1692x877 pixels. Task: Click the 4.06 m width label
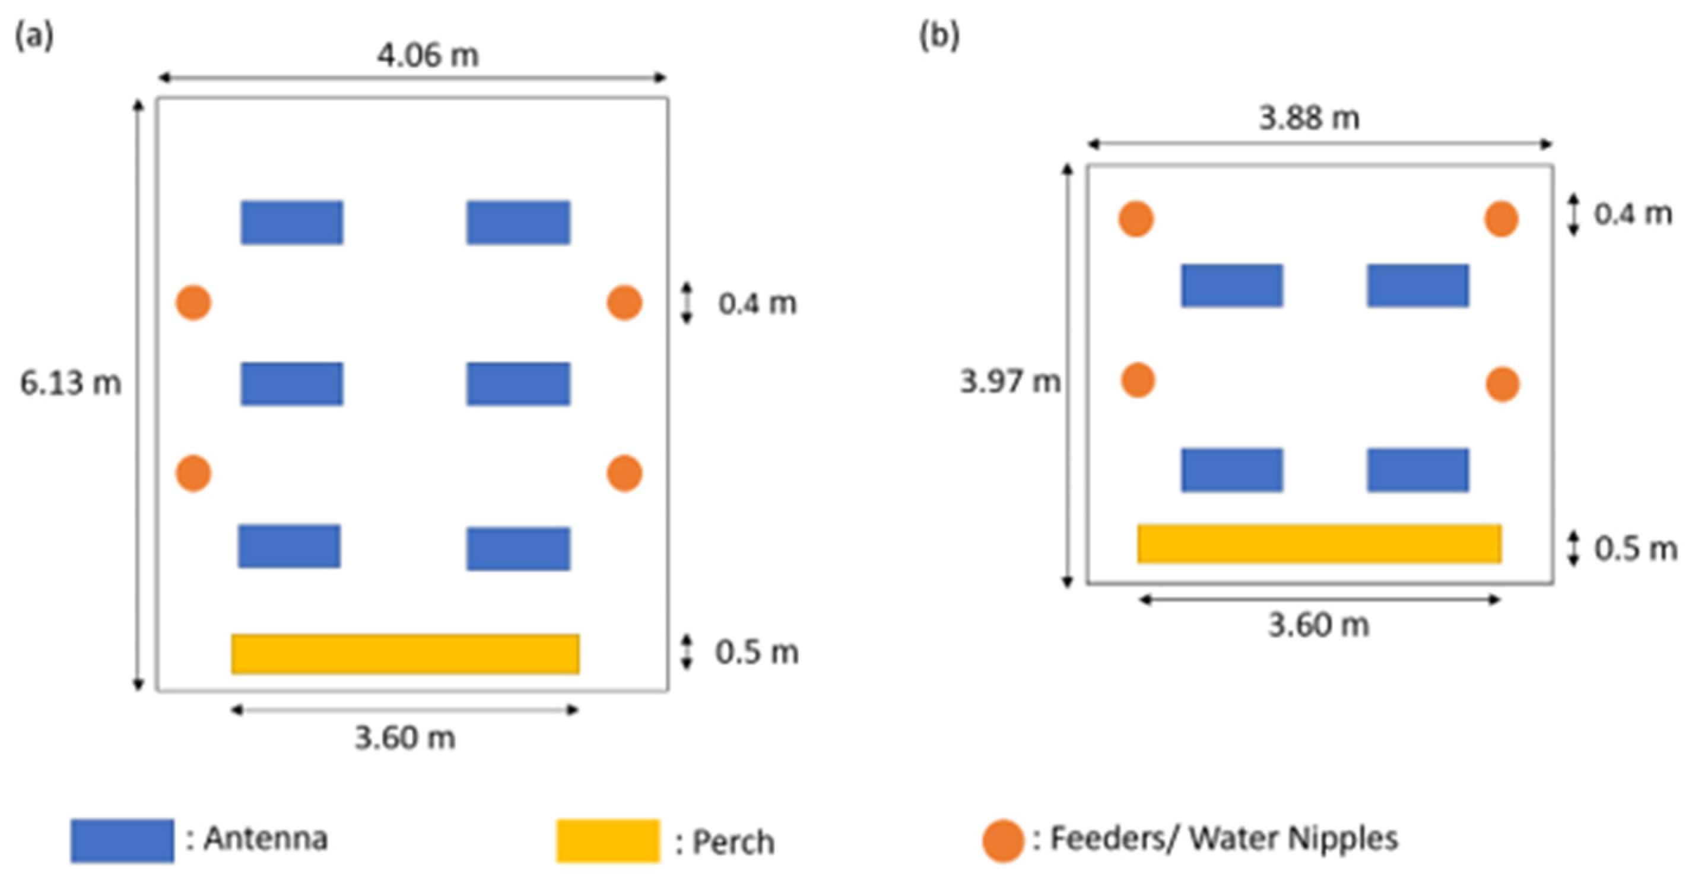(427, 55)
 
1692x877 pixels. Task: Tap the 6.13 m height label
(70, 382)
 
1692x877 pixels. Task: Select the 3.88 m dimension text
(1309, 118)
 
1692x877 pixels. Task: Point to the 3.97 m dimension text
(1010, 381)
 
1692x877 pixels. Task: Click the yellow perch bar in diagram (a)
(405, 654)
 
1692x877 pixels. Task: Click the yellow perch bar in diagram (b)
(1319, 543)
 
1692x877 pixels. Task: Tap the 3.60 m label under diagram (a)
(405, 737)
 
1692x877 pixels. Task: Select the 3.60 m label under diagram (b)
(1318, 625)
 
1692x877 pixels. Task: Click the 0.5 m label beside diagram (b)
(1635, 549)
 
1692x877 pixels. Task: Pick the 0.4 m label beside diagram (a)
(757, 303)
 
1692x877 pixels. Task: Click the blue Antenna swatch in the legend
(122, 840)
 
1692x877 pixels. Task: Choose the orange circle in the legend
(1003, 840)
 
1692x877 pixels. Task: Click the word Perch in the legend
(733, 842)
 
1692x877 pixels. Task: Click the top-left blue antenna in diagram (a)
(291, 222)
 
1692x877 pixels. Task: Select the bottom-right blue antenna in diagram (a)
(518, 549)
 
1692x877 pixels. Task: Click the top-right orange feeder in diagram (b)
(1501, 219)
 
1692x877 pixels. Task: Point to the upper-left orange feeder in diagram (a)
(193, 303)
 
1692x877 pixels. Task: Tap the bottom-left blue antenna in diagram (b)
(1231, 470)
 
